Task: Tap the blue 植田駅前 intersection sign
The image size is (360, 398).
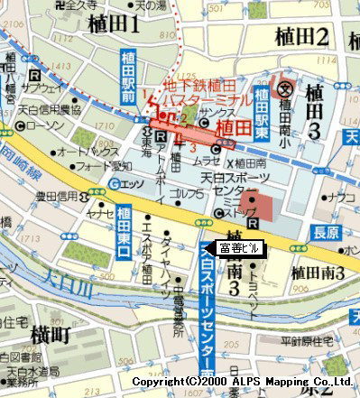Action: (127, 78)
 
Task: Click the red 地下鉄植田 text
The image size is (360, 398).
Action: (190, 88)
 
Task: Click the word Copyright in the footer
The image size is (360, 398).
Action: (157, 384)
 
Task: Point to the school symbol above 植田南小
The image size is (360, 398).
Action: (285, 88)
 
